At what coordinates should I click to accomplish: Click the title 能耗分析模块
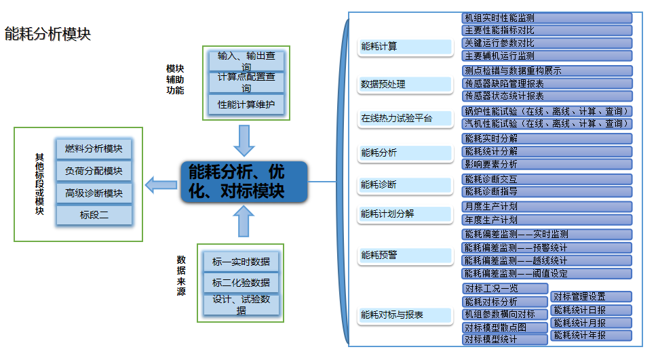[47, 34]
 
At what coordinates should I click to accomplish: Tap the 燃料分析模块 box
[94, 148]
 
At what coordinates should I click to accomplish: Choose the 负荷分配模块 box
[94, 171]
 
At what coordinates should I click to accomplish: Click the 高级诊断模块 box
[94, 193]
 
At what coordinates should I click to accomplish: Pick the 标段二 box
[94, 216]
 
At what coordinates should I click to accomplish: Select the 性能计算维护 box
[246, 105]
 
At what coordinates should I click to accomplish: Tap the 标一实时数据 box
[241, 262]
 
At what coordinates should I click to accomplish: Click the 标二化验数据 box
[241, 283]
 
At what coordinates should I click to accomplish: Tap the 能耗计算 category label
[406, 47]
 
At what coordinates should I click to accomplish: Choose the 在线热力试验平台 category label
[406, 119]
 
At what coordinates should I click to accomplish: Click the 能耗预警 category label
[406, 256]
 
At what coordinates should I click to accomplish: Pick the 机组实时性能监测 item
[547, 18]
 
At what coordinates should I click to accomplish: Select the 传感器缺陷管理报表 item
[547, 83]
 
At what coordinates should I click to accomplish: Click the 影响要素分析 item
[547, 164]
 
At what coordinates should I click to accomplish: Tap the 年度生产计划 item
[547, 220]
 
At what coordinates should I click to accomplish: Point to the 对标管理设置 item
[591, 296]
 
